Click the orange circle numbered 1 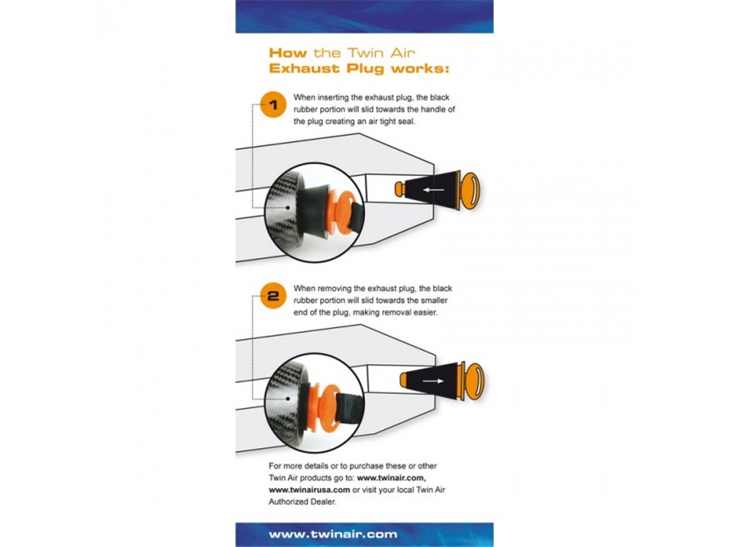[x=273, y=105]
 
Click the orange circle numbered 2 [x=273, y=296]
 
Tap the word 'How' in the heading [x=288, y=53]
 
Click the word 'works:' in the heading [x=420, y=68]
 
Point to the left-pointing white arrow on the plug [x=433, y=189]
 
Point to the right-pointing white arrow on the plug [x=433, y=381]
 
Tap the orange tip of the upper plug [x=400, y=189]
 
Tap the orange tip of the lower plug [x=406, y=380]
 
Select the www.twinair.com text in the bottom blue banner [x=333, y=534]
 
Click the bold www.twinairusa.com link [x=309, y=490]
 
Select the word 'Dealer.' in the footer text [x=322, y=502]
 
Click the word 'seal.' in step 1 [x=406, y=122]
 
